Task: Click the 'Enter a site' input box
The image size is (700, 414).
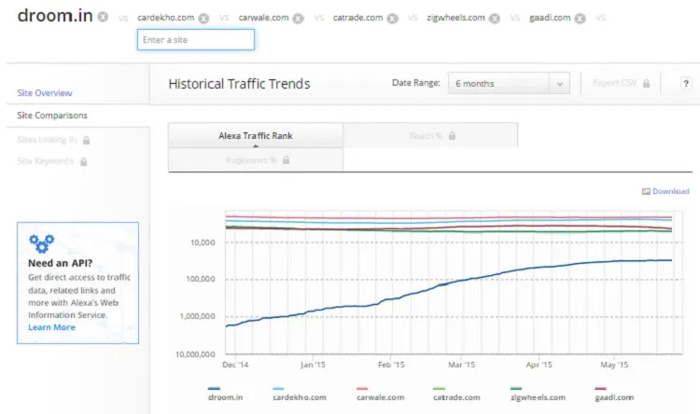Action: (195, 39)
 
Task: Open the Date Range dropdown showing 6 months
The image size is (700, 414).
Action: (509, 84)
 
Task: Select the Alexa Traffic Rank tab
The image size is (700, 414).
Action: (255, 135)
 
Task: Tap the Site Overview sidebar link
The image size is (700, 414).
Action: (45, 93)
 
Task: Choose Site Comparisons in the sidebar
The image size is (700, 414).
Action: (52, 116)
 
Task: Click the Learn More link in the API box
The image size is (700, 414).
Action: (51, 327)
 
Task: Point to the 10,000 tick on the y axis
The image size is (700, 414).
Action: (202, 242)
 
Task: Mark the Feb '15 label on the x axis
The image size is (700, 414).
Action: (390, 366)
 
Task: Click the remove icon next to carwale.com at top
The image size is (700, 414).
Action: (298, 18)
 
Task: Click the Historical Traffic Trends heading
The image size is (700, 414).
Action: (239, 84)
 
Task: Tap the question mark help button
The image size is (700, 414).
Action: (685, 84)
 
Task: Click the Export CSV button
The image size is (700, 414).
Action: (621, 84)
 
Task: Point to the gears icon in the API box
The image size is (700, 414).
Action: (41, 244)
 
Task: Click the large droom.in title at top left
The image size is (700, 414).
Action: (54, 17)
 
